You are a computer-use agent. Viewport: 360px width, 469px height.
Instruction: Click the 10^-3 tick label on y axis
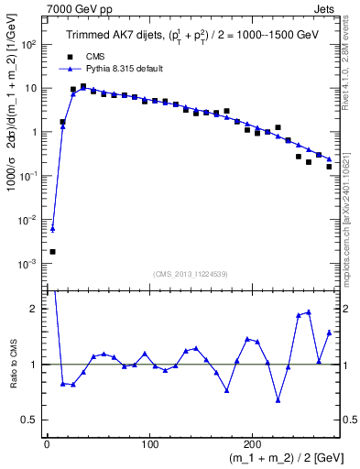(29, 264)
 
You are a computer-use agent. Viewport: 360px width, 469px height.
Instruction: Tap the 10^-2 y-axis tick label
(29, 220)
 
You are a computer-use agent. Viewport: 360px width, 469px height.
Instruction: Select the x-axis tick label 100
(149, 444)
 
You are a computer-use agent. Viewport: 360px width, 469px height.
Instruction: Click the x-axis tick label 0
(47, 444)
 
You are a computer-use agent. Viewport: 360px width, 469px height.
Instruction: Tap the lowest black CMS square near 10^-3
(52, 251)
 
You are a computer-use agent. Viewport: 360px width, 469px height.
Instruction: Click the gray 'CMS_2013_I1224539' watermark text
(191, 272)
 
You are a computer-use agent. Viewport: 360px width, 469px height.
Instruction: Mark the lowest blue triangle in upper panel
(52, 229)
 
